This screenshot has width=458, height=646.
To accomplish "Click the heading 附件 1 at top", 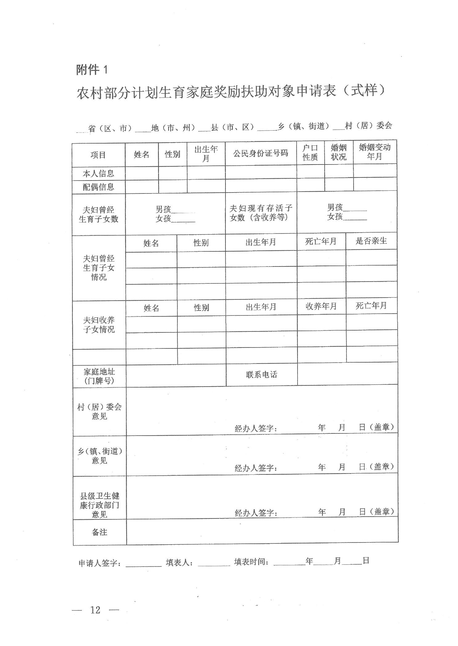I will (92, 70).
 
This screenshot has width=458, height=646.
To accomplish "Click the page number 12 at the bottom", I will (95, 610).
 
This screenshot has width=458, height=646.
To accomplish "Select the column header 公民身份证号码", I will (261, 153).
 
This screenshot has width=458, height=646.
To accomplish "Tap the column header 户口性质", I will (310, 152).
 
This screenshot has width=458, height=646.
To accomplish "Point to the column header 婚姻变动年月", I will (375, 152).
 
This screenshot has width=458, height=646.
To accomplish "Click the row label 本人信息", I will (98, 174).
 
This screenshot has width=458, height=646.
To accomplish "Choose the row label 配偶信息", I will (98, 187).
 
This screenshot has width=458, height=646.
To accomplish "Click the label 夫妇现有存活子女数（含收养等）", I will (261, 213).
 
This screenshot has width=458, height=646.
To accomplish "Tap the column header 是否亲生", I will (371, 241).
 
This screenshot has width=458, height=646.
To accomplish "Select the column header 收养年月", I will (321, 306).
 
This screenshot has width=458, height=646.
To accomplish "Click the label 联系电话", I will (261, 375).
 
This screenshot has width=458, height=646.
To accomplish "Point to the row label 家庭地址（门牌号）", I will (99, 376).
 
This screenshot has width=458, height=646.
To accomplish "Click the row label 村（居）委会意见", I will (99, 412).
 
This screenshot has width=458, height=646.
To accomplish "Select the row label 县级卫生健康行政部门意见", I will (99, 505).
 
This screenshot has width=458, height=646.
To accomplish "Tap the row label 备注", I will (99, 532).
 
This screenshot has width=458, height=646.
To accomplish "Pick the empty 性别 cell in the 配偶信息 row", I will (172, 186).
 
